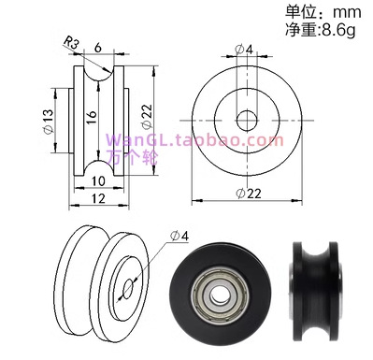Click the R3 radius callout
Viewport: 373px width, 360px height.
(x=71, y=43)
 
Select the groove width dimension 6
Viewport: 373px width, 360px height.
(x=98, y=48)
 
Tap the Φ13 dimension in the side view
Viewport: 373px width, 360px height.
(x=49, y=122)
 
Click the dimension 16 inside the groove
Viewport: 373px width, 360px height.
(x=92, y=117)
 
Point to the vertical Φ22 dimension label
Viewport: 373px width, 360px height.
(x=147, y=116)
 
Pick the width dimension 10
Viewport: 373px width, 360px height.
(x=98, y=181)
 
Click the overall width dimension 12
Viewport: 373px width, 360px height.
(x=98, y=198)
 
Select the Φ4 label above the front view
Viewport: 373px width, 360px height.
(x=245, y=50)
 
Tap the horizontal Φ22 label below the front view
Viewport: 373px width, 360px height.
(x=249, y=194)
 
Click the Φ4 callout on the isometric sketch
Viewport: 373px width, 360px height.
(x=179, y=236)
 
